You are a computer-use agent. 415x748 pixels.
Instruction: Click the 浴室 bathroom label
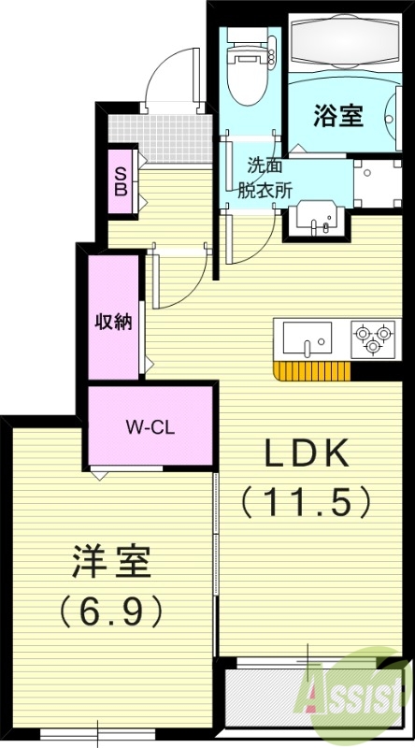pyautogui.click(x=337, y=118)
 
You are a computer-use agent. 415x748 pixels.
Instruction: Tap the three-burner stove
pyautogui.click(x=371, y=338)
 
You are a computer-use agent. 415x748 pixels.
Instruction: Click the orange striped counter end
pyautogui.click(x=311, y=370)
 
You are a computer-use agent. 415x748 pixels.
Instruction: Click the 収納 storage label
pyautogui.click(x=112, y=323)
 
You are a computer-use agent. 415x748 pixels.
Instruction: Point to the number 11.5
pyautogui.click(x=308, y=503)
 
